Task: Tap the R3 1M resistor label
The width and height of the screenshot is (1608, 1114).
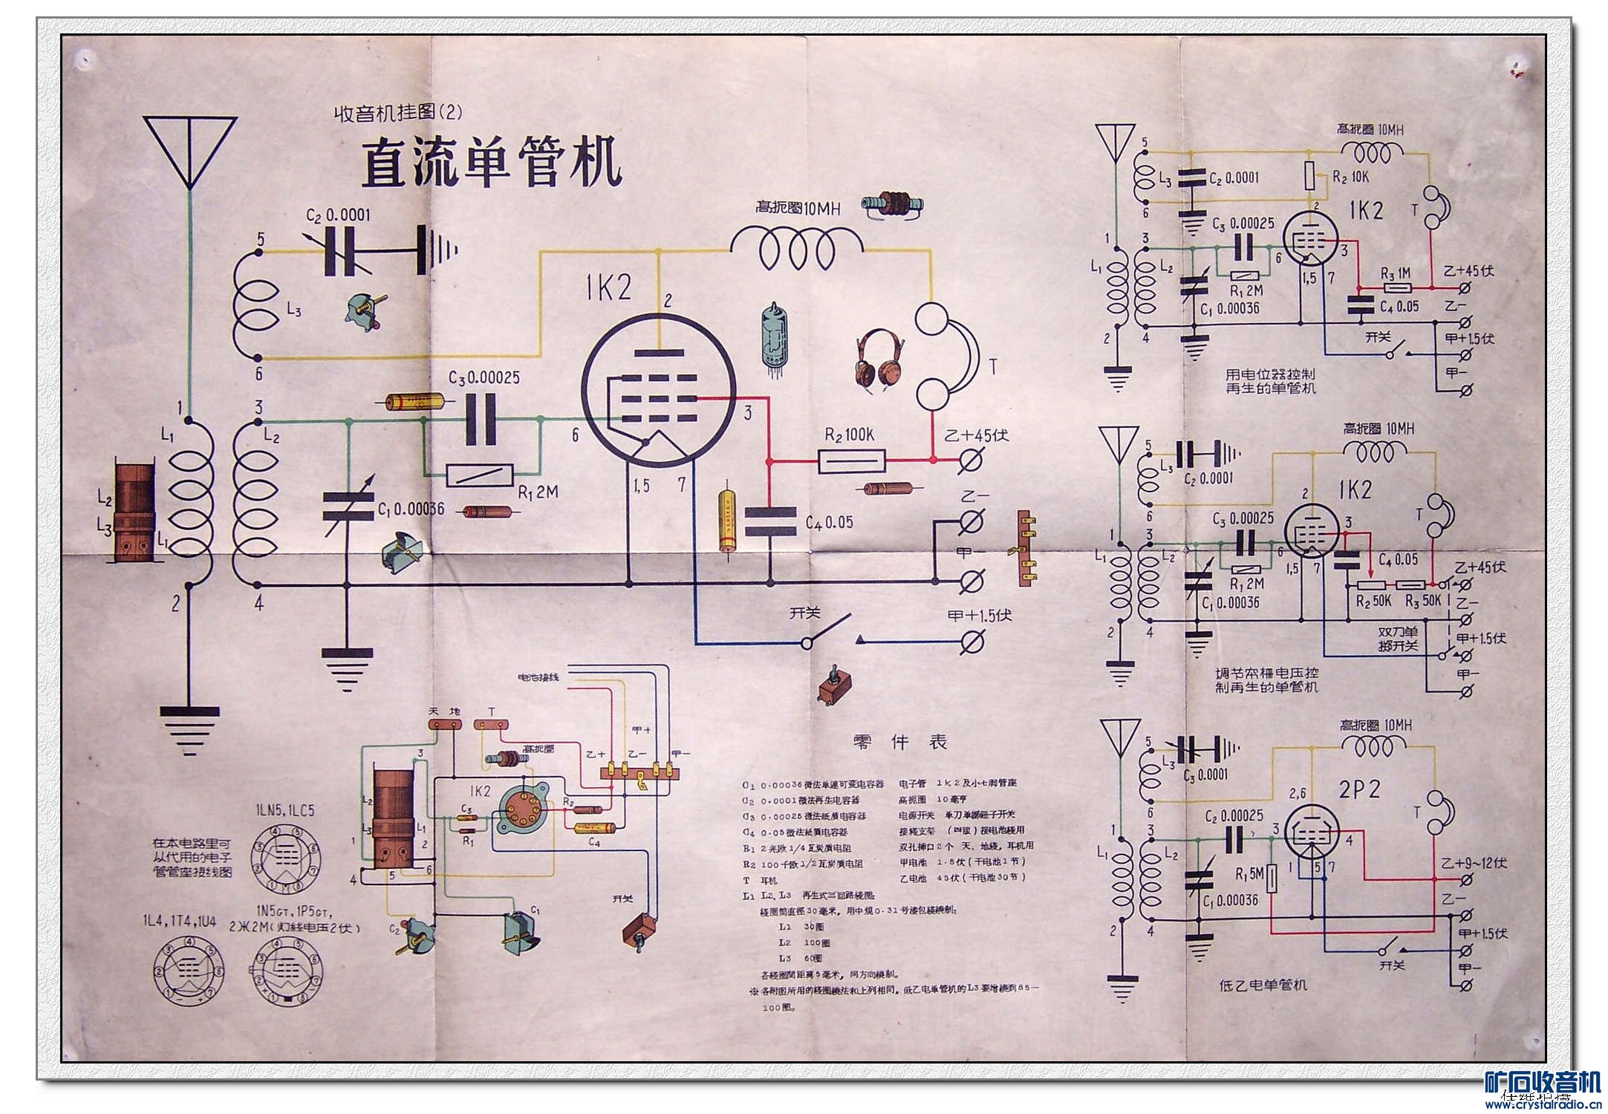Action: pos(1396,273)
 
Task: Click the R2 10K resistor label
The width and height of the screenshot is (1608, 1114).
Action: pos(1350,177)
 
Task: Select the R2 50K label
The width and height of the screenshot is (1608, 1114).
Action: pos(1373,600)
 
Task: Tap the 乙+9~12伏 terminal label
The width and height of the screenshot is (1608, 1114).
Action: pos(1474,863)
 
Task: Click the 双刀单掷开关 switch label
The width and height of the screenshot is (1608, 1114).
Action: pos(1399,639)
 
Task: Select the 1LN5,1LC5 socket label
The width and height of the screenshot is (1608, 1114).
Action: pos(285,810)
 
